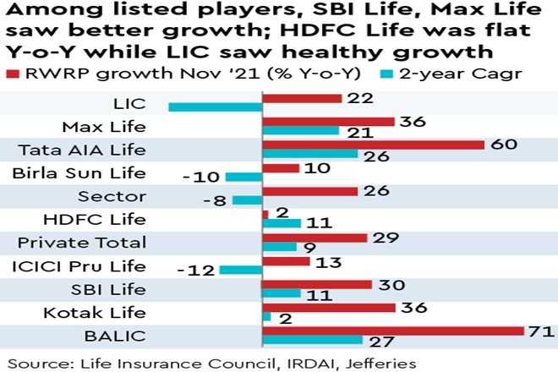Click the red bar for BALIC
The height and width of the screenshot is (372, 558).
(393, 329)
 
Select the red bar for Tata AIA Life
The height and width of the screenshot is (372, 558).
(373, 145)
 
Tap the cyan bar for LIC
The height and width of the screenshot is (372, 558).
(216, 107)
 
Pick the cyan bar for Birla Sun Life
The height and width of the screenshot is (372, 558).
(244, 177)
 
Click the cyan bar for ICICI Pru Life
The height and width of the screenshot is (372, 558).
(241, 270)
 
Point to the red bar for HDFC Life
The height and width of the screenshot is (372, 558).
(265, 215)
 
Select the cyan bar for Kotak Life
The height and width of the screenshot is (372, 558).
(266, 316)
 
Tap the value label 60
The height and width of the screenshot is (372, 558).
(503, 145)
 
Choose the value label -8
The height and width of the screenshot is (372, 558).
(216, 200)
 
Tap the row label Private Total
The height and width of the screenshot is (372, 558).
(82, 243)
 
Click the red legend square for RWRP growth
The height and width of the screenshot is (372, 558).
(14, 73)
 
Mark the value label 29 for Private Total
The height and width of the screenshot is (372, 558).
(386, 238)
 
